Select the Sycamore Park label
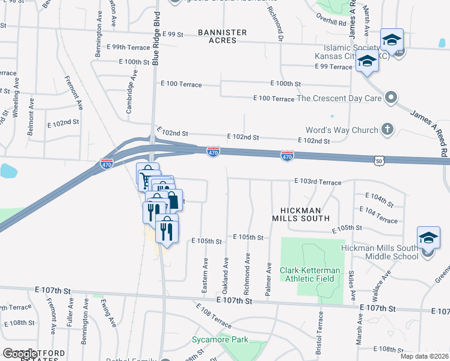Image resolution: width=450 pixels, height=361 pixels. point(220,340)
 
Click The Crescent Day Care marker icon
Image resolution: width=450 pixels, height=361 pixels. point(392,97)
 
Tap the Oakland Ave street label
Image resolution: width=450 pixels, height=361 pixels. point(226,272)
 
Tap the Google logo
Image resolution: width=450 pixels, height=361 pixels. point(20,354)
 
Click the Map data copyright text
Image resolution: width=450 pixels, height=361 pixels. point(424,356)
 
